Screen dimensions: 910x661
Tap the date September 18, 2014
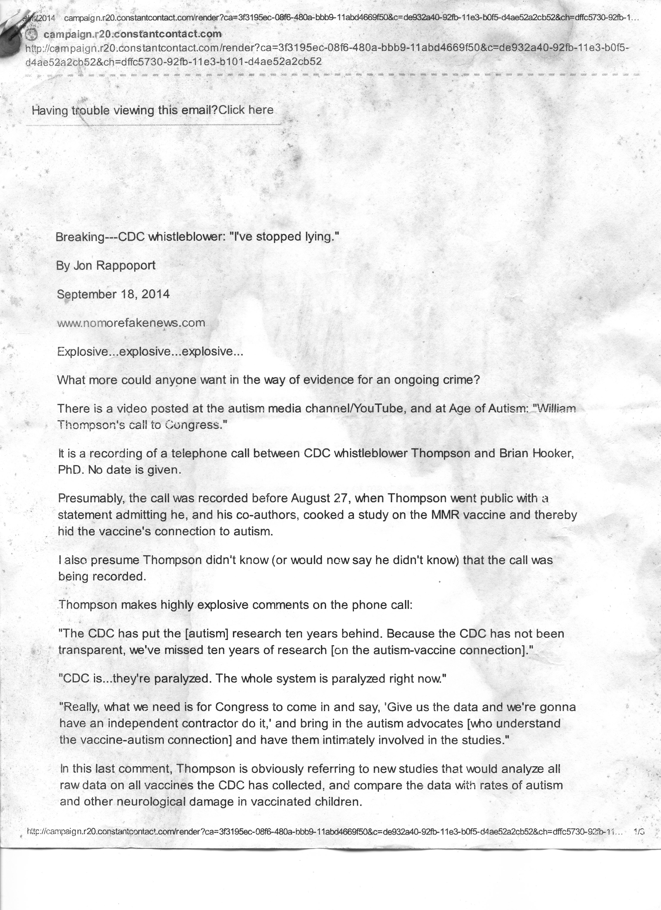tap(113, 295)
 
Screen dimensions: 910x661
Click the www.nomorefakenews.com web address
tap(131, 323)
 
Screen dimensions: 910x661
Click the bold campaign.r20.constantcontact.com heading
tap(132, 35)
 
